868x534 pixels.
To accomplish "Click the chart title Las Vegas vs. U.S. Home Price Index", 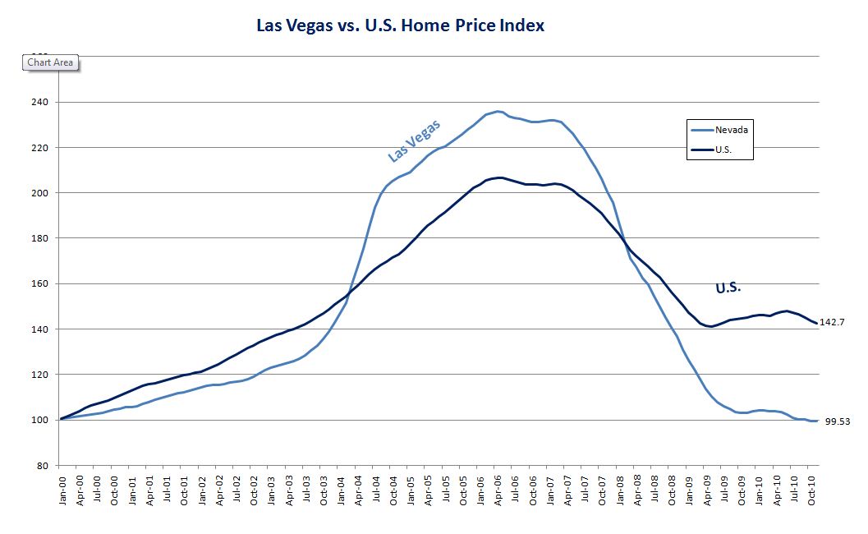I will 400,25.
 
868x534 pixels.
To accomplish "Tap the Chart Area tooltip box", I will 50,62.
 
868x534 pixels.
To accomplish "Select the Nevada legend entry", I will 731,130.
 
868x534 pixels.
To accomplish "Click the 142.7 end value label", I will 833,323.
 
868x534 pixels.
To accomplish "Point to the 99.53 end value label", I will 836,421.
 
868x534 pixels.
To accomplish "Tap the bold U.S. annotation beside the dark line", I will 728,288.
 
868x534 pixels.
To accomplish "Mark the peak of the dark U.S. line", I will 499,177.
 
